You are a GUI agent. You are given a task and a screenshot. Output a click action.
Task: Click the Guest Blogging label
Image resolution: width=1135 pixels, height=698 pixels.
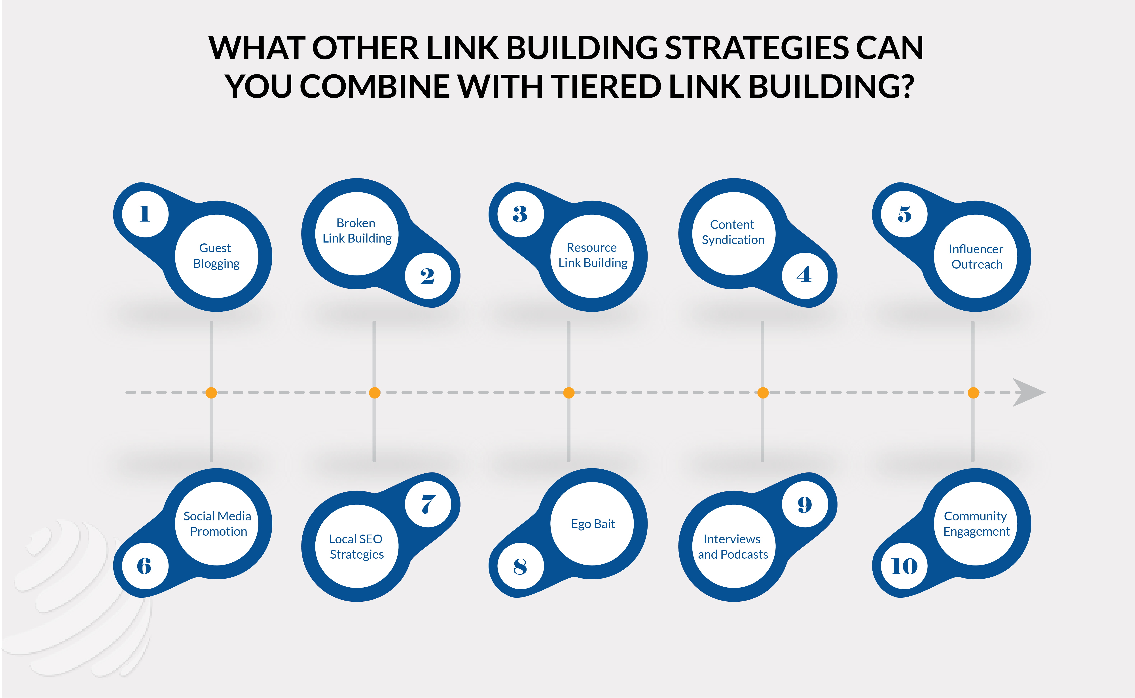[216, 256]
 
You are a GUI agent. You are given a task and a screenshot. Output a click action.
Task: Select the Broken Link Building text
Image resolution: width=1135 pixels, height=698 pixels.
[357, 230]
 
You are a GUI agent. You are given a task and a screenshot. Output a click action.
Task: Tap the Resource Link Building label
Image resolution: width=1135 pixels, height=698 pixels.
[593, 255]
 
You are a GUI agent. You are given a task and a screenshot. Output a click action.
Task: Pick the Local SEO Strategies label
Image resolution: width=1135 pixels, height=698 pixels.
[356, 546]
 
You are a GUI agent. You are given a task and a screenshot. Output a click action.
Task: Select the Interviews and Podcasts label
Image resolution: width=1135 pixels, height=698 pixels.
[733, 546]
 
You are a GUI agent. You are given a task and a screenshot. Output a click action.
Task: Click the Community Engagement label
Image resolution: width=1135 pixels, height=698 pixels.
[976, 523]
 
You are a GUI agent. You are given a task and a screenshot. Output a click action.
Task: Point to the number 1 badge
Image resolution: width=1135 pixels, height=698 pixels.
[145, 214]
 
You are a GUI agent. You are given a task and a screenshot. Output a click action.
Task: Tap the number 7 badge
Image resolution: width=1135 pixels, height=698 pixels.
[428, 504]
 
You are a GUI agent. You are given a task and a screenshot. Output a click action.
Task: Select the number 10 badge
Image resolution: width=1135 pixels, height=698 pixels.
[904, 566]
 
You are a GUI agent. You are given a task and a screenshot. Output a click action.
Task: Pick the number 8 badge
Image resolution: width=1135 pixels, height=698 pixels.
[520, 566]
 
